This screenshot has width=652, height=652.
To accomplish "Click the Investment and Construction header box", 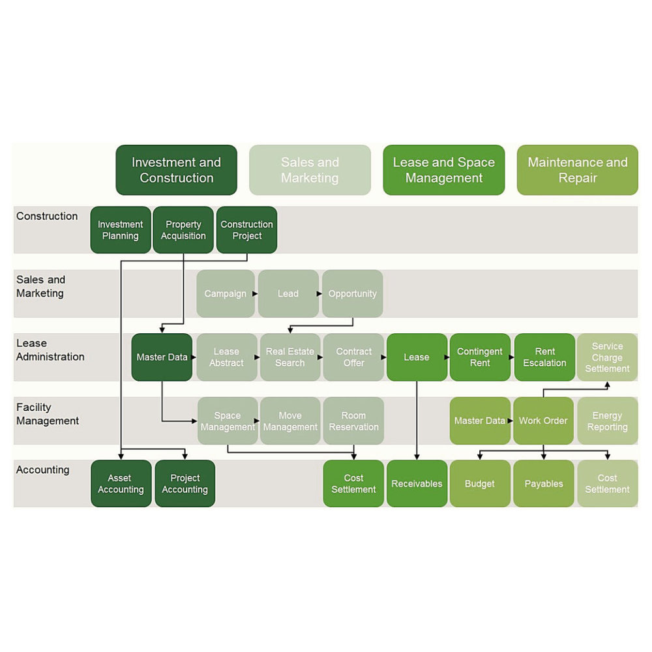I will (176, 170).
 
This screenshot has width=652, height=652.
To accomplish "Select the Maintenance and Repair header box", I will (577, 170).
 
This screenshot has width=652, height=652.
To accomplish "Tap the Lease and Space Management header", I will (443, 170).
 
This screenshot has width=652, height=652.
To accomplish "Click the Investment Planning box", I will (121, 230).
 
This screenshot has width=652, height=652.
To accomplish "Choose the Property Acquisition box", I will (183, 230).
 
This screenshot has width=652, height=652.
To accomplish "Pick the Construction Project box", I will (246, 230).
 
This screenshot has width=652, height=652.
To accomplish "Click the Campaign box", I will (225, 293).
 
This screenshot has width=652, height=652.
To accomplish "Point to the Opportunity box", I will (353, 293).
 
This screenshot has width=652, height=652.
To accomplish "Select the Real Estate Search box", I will (289, 357).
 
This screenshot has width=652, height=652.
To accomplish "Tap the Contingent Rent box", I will (480, 357).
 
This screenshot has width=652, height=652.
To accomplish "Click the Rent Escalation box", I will (544, 357).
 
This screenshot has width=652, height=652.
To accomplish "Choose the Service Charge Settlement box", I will (607, 357).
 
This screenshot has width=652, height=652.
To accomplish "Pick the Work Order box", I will (543, 421).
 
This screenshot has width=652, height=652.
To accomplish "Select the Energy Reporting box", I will (607, 421).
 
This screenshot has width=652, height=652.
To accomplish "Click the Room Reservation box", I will (353, 421).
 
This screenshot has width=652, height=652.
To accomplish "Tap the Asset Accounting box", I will (121, 484).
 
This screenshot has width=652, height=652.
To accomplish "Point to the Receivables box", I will (417, 484).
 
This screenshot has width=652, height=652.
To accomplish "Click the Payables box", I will (543, 484).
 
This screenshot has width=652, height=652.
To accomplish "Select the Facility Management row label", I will (48, 414).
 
